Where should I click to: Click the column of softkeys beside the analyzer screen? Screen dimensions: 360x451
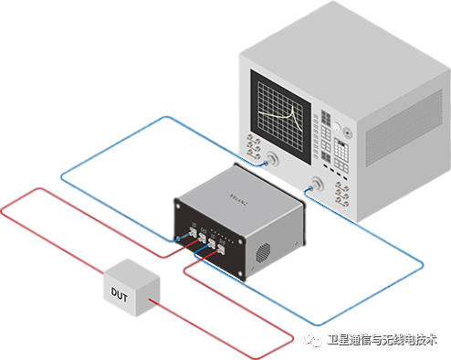(315, 126)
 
